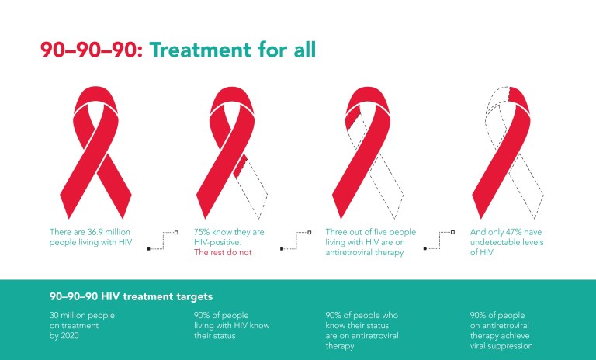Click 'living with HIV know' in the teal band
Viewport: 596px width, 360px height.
[230, 326]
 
